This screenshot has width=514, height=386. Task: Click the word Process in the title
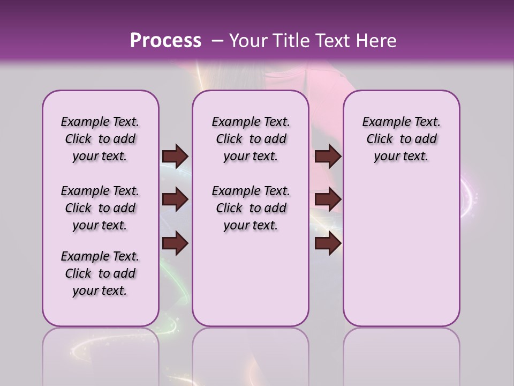pyautogui.click(x=165, y=41)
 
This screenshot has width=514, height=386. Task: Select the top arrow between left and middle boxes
pyautogui.click(x=175, y=157)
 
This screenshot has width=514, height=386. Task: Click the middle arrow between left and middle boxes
pyautogui.click(x=175, y=200)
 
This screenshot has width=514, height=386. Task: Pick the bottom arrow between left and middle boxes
pyautogui.click(x=175, y=243)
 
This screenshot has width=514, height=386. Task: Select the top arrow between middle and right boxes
pyautogui.click(x=328, y=157)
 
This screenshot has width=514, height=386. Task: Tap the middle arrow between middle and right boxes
pyautogui.click(x=328, y=200)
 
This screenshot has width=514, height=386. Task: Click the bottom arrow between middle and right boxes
pyautogui.click(x=328, y=243)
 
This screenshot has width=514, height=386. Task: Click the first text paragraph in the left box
pyautogui.click(x=100, y=139)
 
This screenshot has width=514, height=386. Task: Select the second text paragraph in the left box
pyautogui.click(x=100, y=208)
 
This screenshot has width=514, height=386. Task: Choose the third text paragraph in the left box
pyautogui.click(x=100, y=273)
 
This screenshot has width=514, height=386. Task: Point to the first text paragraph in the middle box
pyautogui.click(x=251, y=139)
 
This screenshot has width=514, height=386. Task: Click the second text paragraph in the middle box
pyautogui.click(x=251, y=208)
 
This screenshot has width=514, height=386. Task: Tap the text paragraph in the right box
pyautogui.click(x=401, y=139)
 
